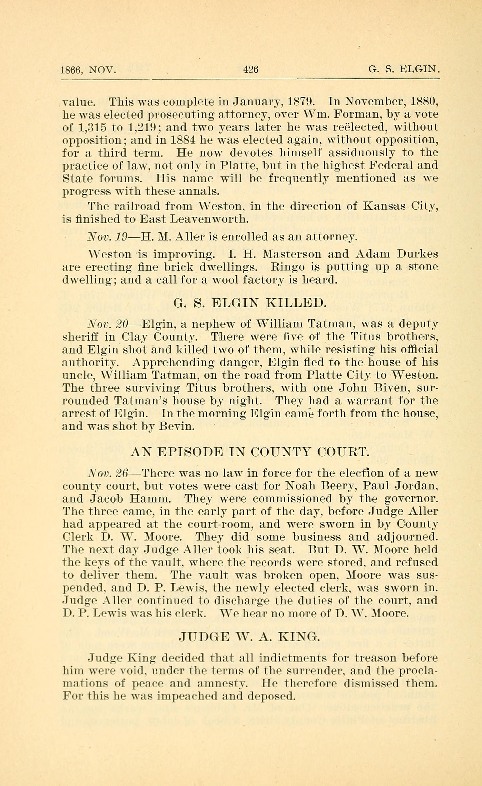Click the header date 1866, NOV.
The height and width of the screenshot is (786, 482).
pos(88,69)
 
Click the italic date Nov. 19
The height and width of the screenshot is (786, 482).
pos(108,237)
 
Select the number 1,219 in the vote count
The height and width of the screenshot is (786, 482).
pos(141,127)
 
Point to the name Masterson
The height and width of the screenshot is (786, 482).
pos(289,254)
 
